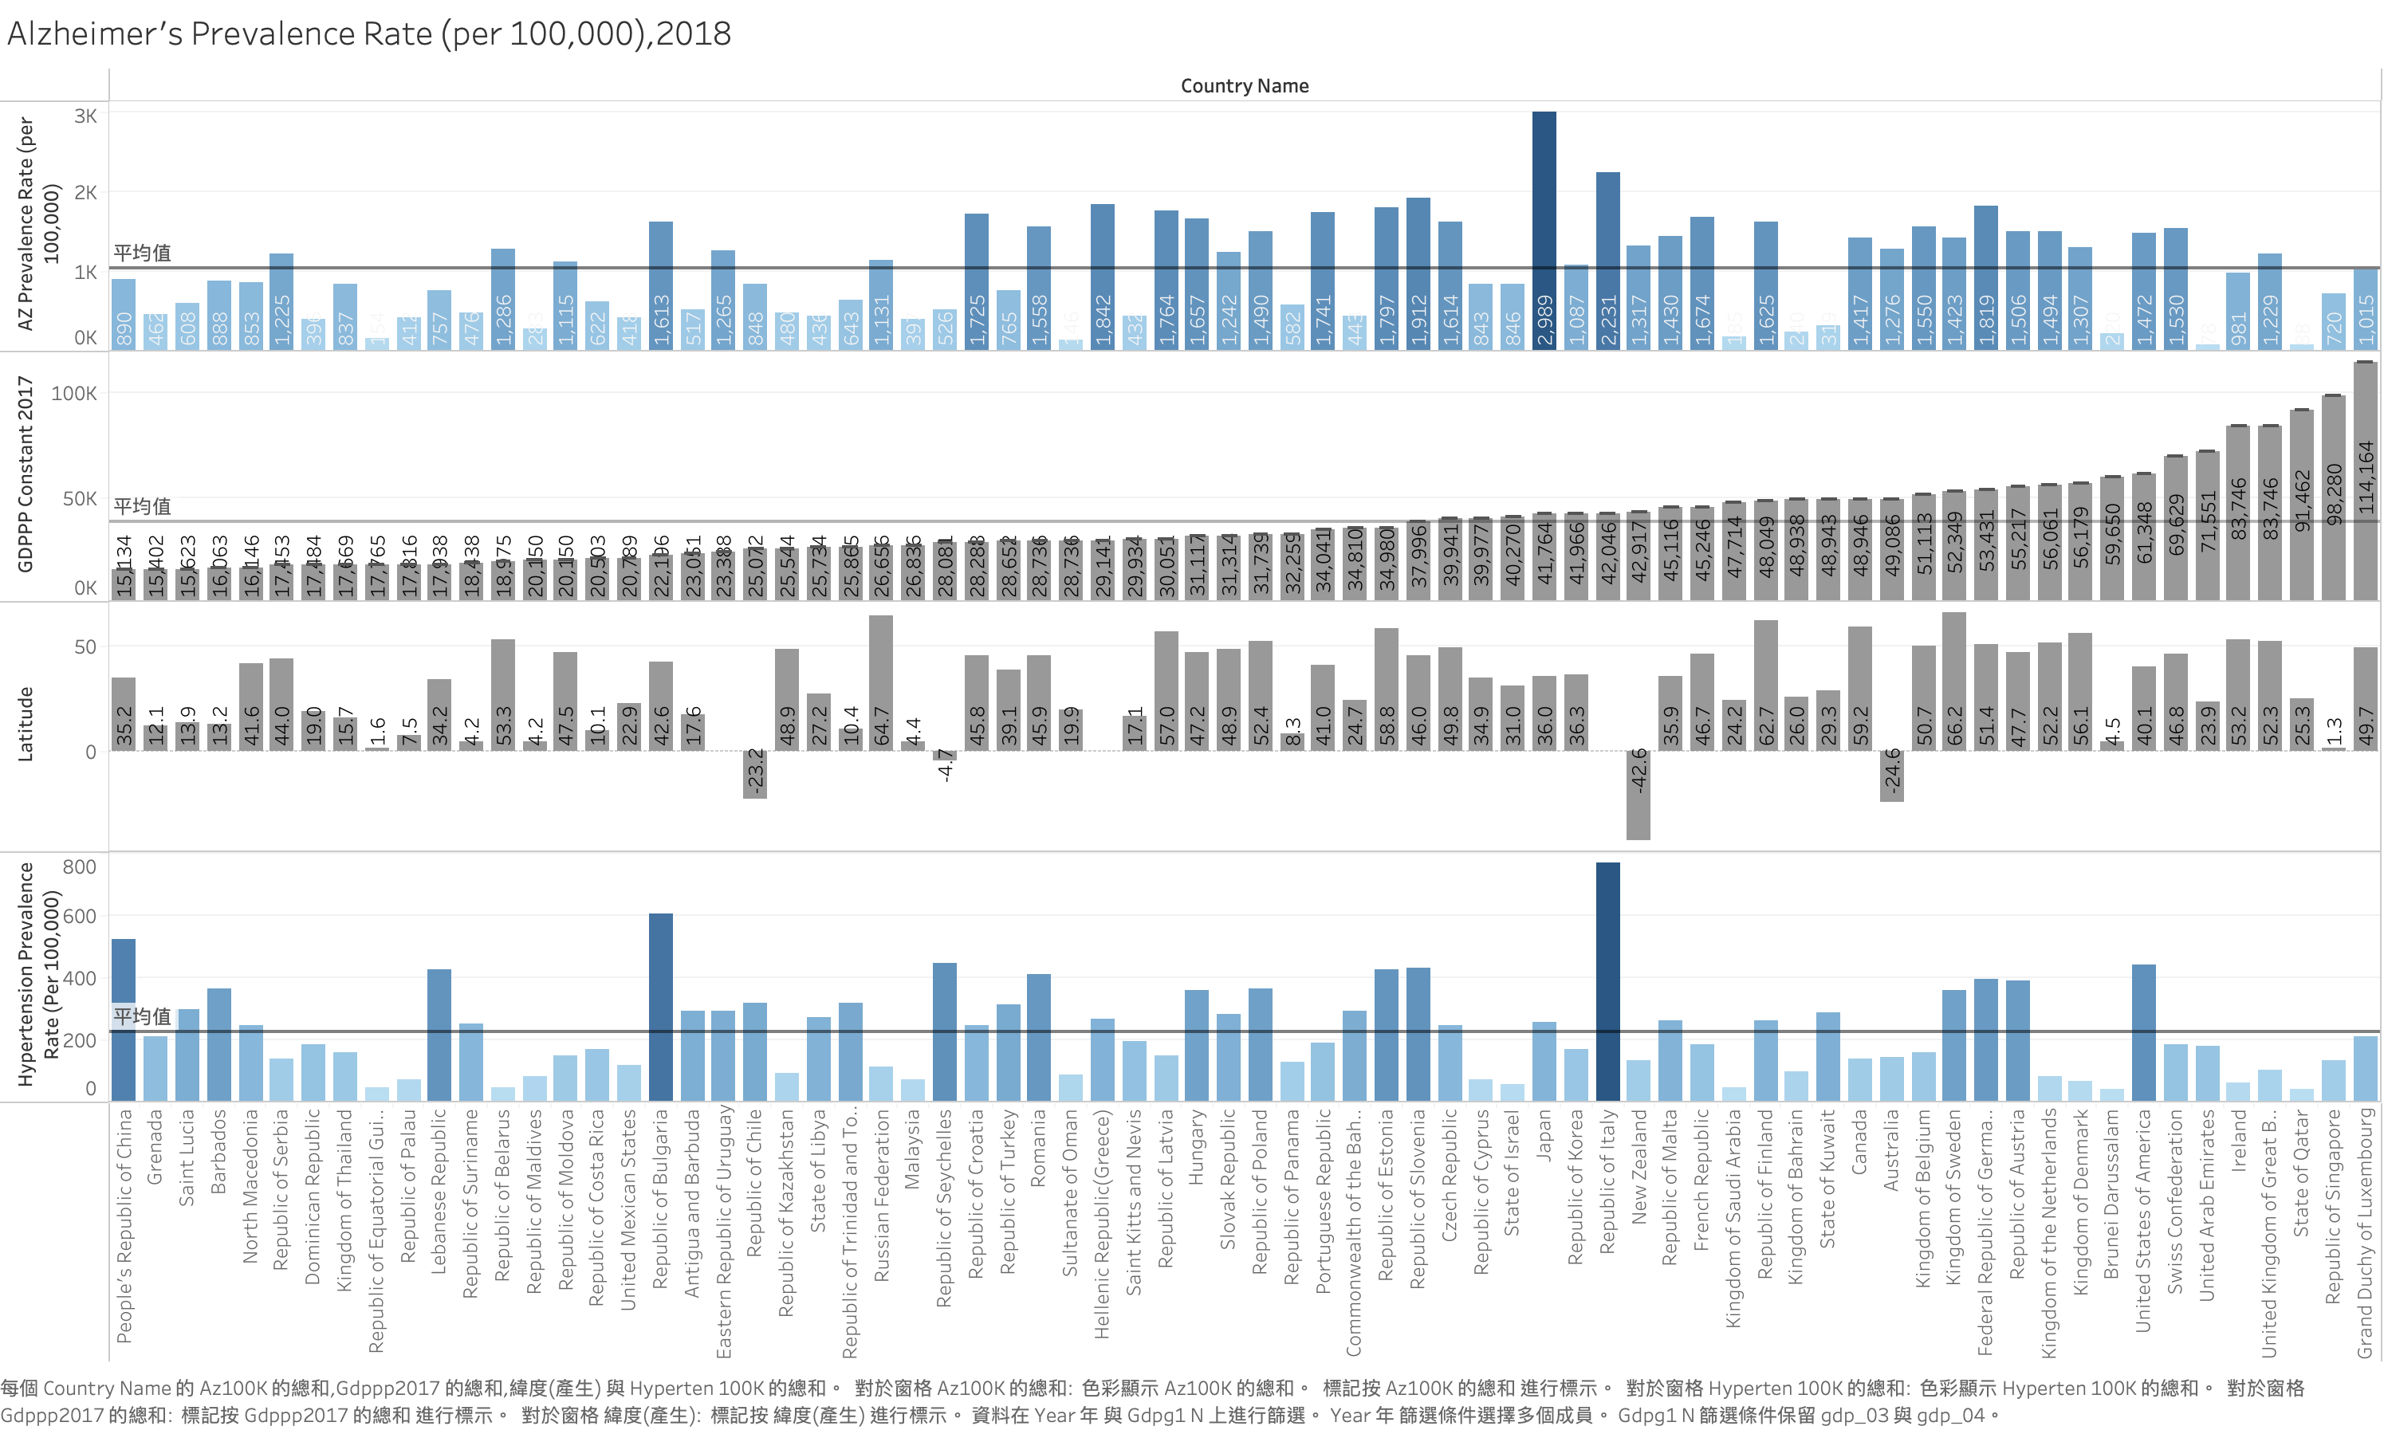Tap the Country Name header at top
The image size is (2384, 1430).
click(x=1244, y=86)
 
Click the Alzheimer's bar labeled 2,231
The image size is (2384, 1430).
click(x=1607, y=260)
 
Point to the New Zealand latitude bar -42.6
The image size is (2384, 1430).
click(x=1639, y=794)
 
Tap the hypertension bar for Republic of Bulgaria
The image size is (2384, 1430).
click(x=661, y=1006)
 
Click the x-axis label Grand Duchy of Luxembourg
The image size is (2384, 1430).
click(x=2365, y=1233)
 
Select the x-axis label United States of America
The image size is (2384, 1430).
click(x=2143, y=1220)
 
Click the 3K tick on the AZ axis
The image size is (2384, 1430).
click(x=85, y=116)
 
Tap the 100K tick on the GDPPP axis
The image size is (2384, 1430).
click(x=74, y=393)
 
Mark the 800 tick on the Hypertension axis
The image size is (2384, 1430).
click(x=79, y=866)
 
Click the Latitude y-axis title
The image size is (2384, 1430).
click(x=26, y=725)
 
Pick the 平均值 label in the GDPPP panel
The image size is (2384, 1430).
click(x=143, y=506)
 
